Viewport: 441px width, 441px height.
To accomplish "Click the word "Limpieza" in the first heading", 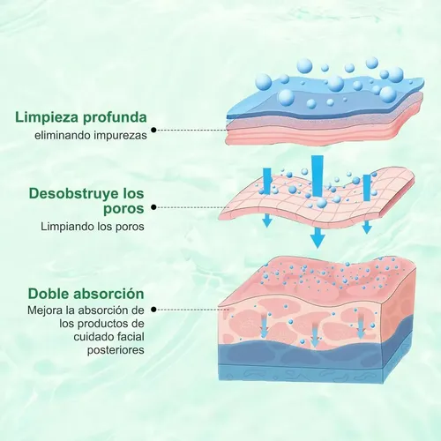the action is (x=47, y=117).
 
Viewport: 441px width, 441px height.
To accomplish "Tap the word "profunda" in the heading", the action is (x=115, y=117).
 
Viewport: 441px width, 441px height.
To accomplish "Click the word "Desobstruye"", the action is (x=74, y=194).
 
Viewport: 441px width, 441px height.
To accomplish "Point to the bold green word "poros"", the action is (x=123, y=209).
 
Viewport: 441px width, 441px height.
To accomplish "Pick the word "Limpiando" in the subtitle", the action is (x=67, y=227).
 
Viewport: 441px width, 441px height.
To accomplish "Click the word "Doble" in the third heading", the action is (x=49, y=294).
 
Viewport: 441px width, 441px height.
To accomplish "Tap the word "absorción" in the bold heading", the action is (x=108, y=294).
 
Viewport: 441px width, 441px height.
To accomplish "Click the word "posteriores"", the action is (x=116, y=350).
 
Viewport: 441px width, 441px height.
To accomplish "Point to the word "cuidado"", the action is (x=93, y=337).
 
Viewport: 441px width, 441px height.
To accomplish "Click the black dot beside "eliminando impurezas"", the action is (x=153, y=130).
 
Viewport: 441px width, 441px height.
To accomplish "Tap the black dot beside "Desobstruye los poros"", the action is (x=153, y=207).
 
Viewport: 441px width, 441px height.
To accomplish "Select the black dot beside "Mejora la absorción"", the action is (x=153, y=310).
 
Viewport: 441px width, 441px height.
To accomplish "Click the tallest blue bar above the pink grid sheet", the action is (x=318, y=176).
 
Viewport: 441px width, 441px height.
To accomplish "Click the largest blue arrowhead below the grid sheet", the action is (x=318, y=237).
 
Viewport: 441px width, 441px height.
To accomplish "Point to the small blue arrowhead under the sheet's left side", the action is (x=267, y=220).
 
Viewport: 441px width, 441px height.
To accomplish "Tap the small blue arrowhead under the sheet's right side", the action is (x=367, y=227).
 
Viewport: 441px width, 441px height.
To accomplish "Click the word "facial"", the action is (x=130, y=337).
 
